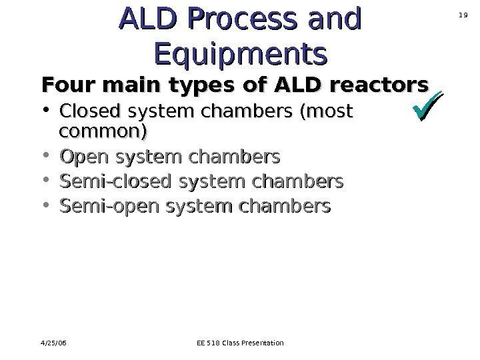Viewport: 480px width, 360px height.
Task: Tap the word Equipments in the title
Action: tap(241, 53)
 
